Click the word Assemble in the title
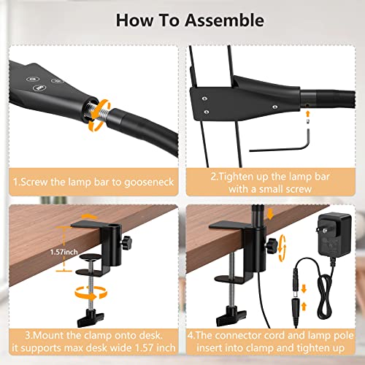[217, 20]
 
